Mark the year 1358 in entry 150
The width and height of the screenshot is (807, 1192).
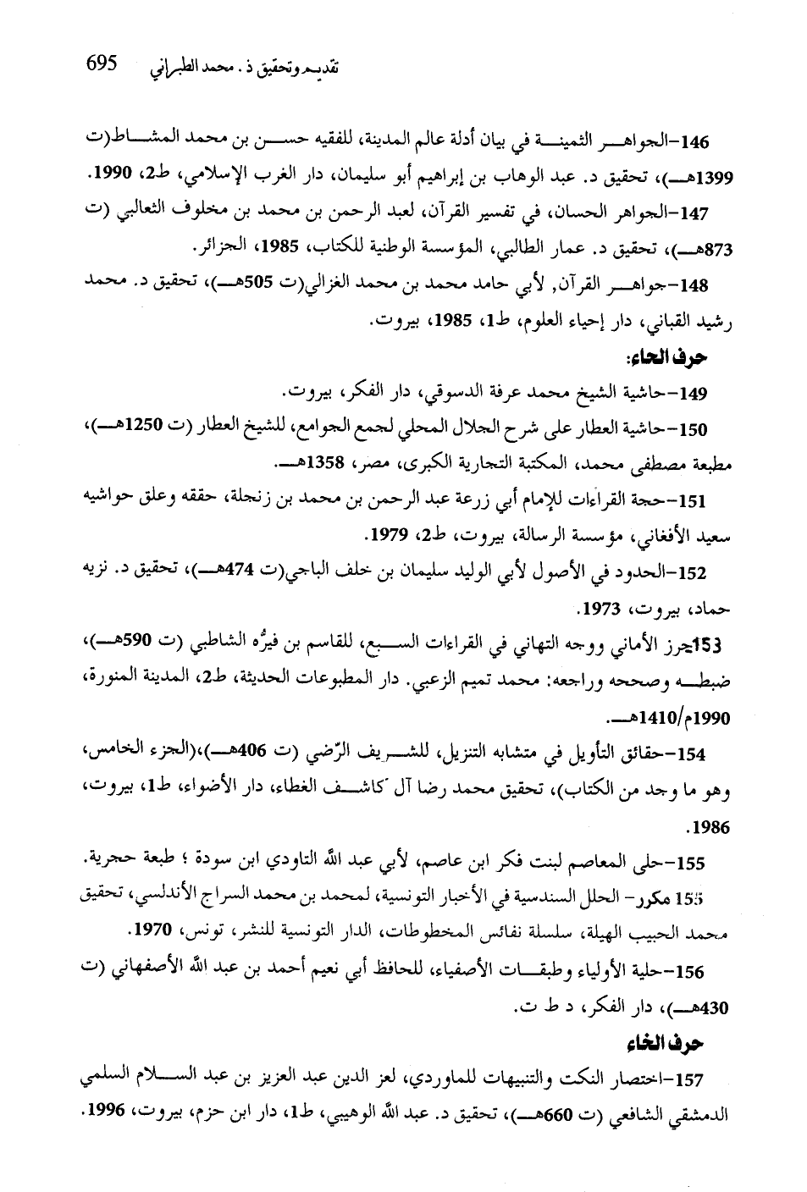click(301, 465)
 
